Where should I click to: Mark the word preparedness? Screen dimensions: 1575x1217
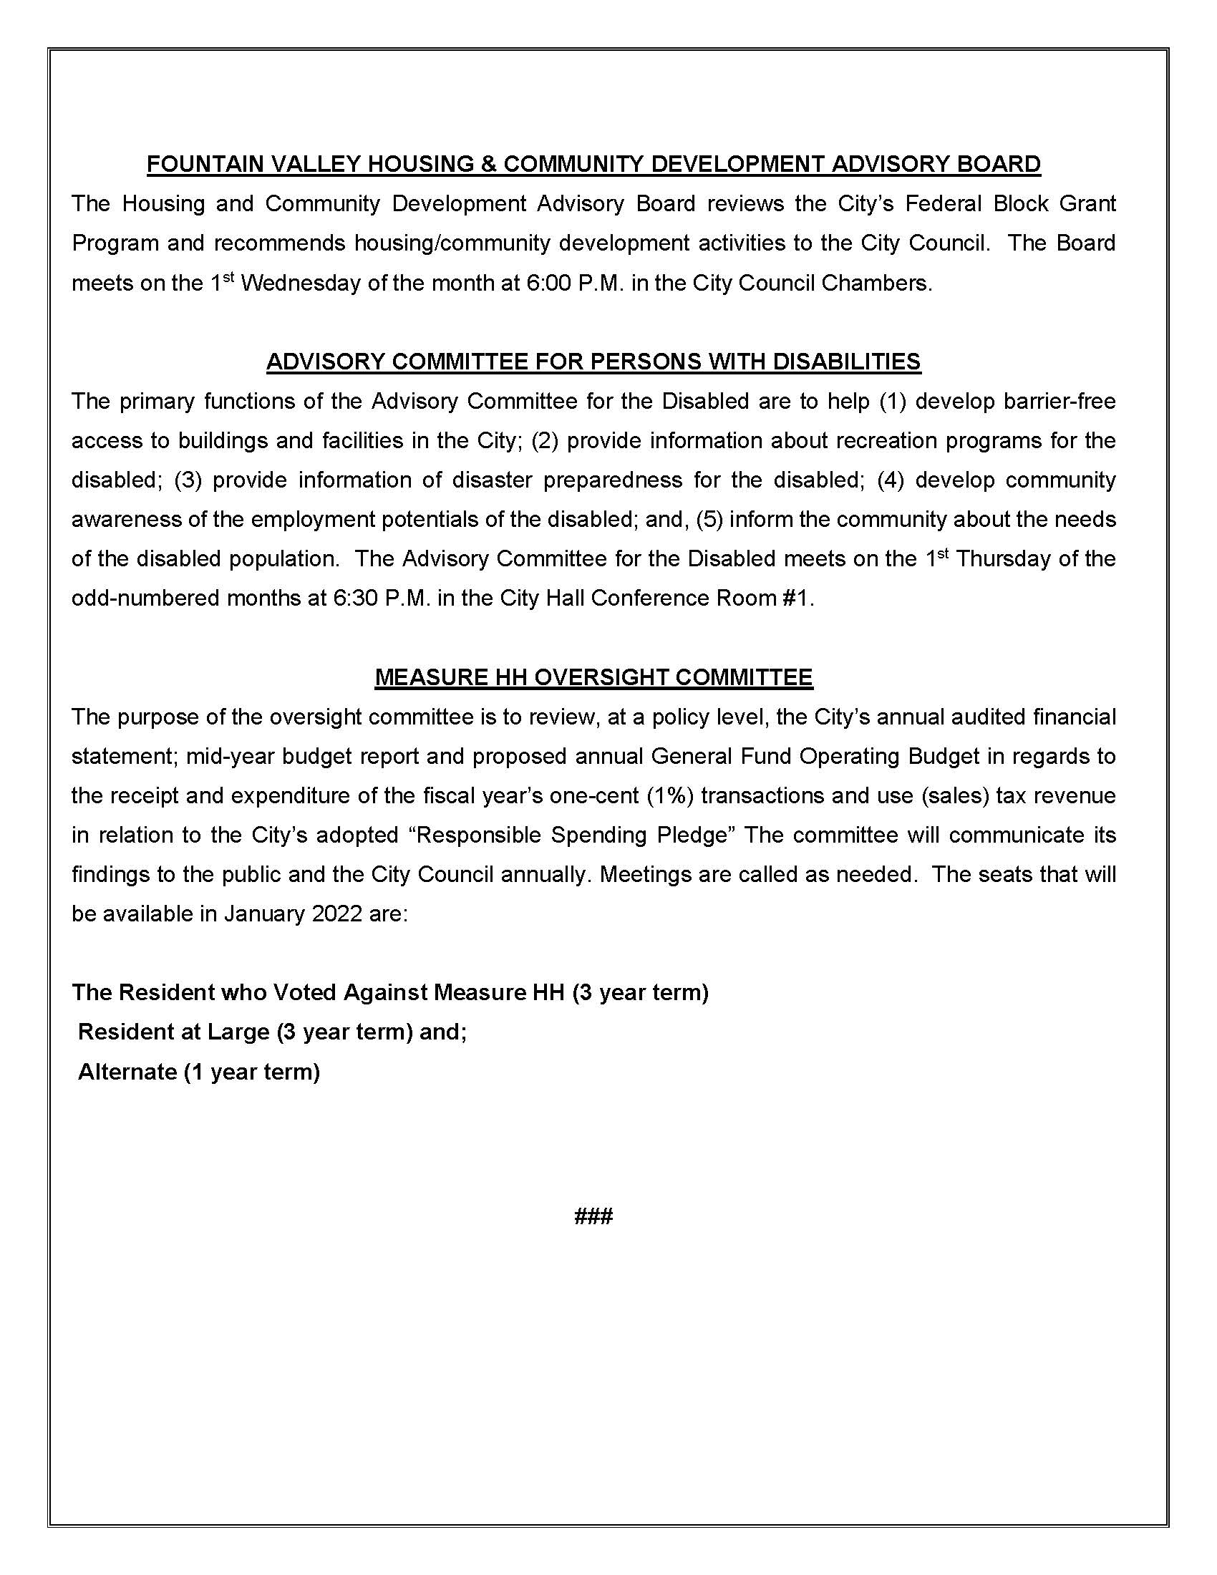pos(612,480)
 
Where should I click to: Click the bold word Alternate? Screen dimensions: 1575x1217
pos(127,1072)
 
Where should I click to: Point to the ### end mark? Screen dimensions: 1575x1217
pos(593,1216)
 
